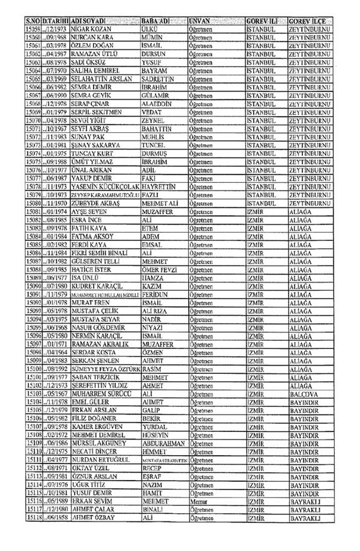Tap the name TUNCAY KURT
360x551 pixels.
90,154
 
